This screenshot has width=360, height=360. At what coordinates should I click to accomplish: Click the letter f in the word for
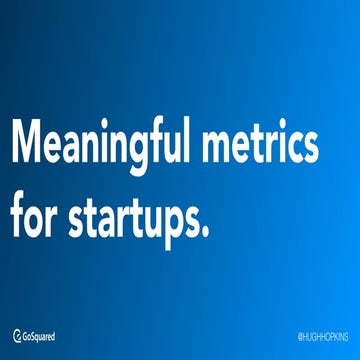coord(18,213)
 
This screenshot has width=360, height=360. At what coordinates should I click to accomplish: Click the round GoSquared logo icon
coord(17,336)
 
